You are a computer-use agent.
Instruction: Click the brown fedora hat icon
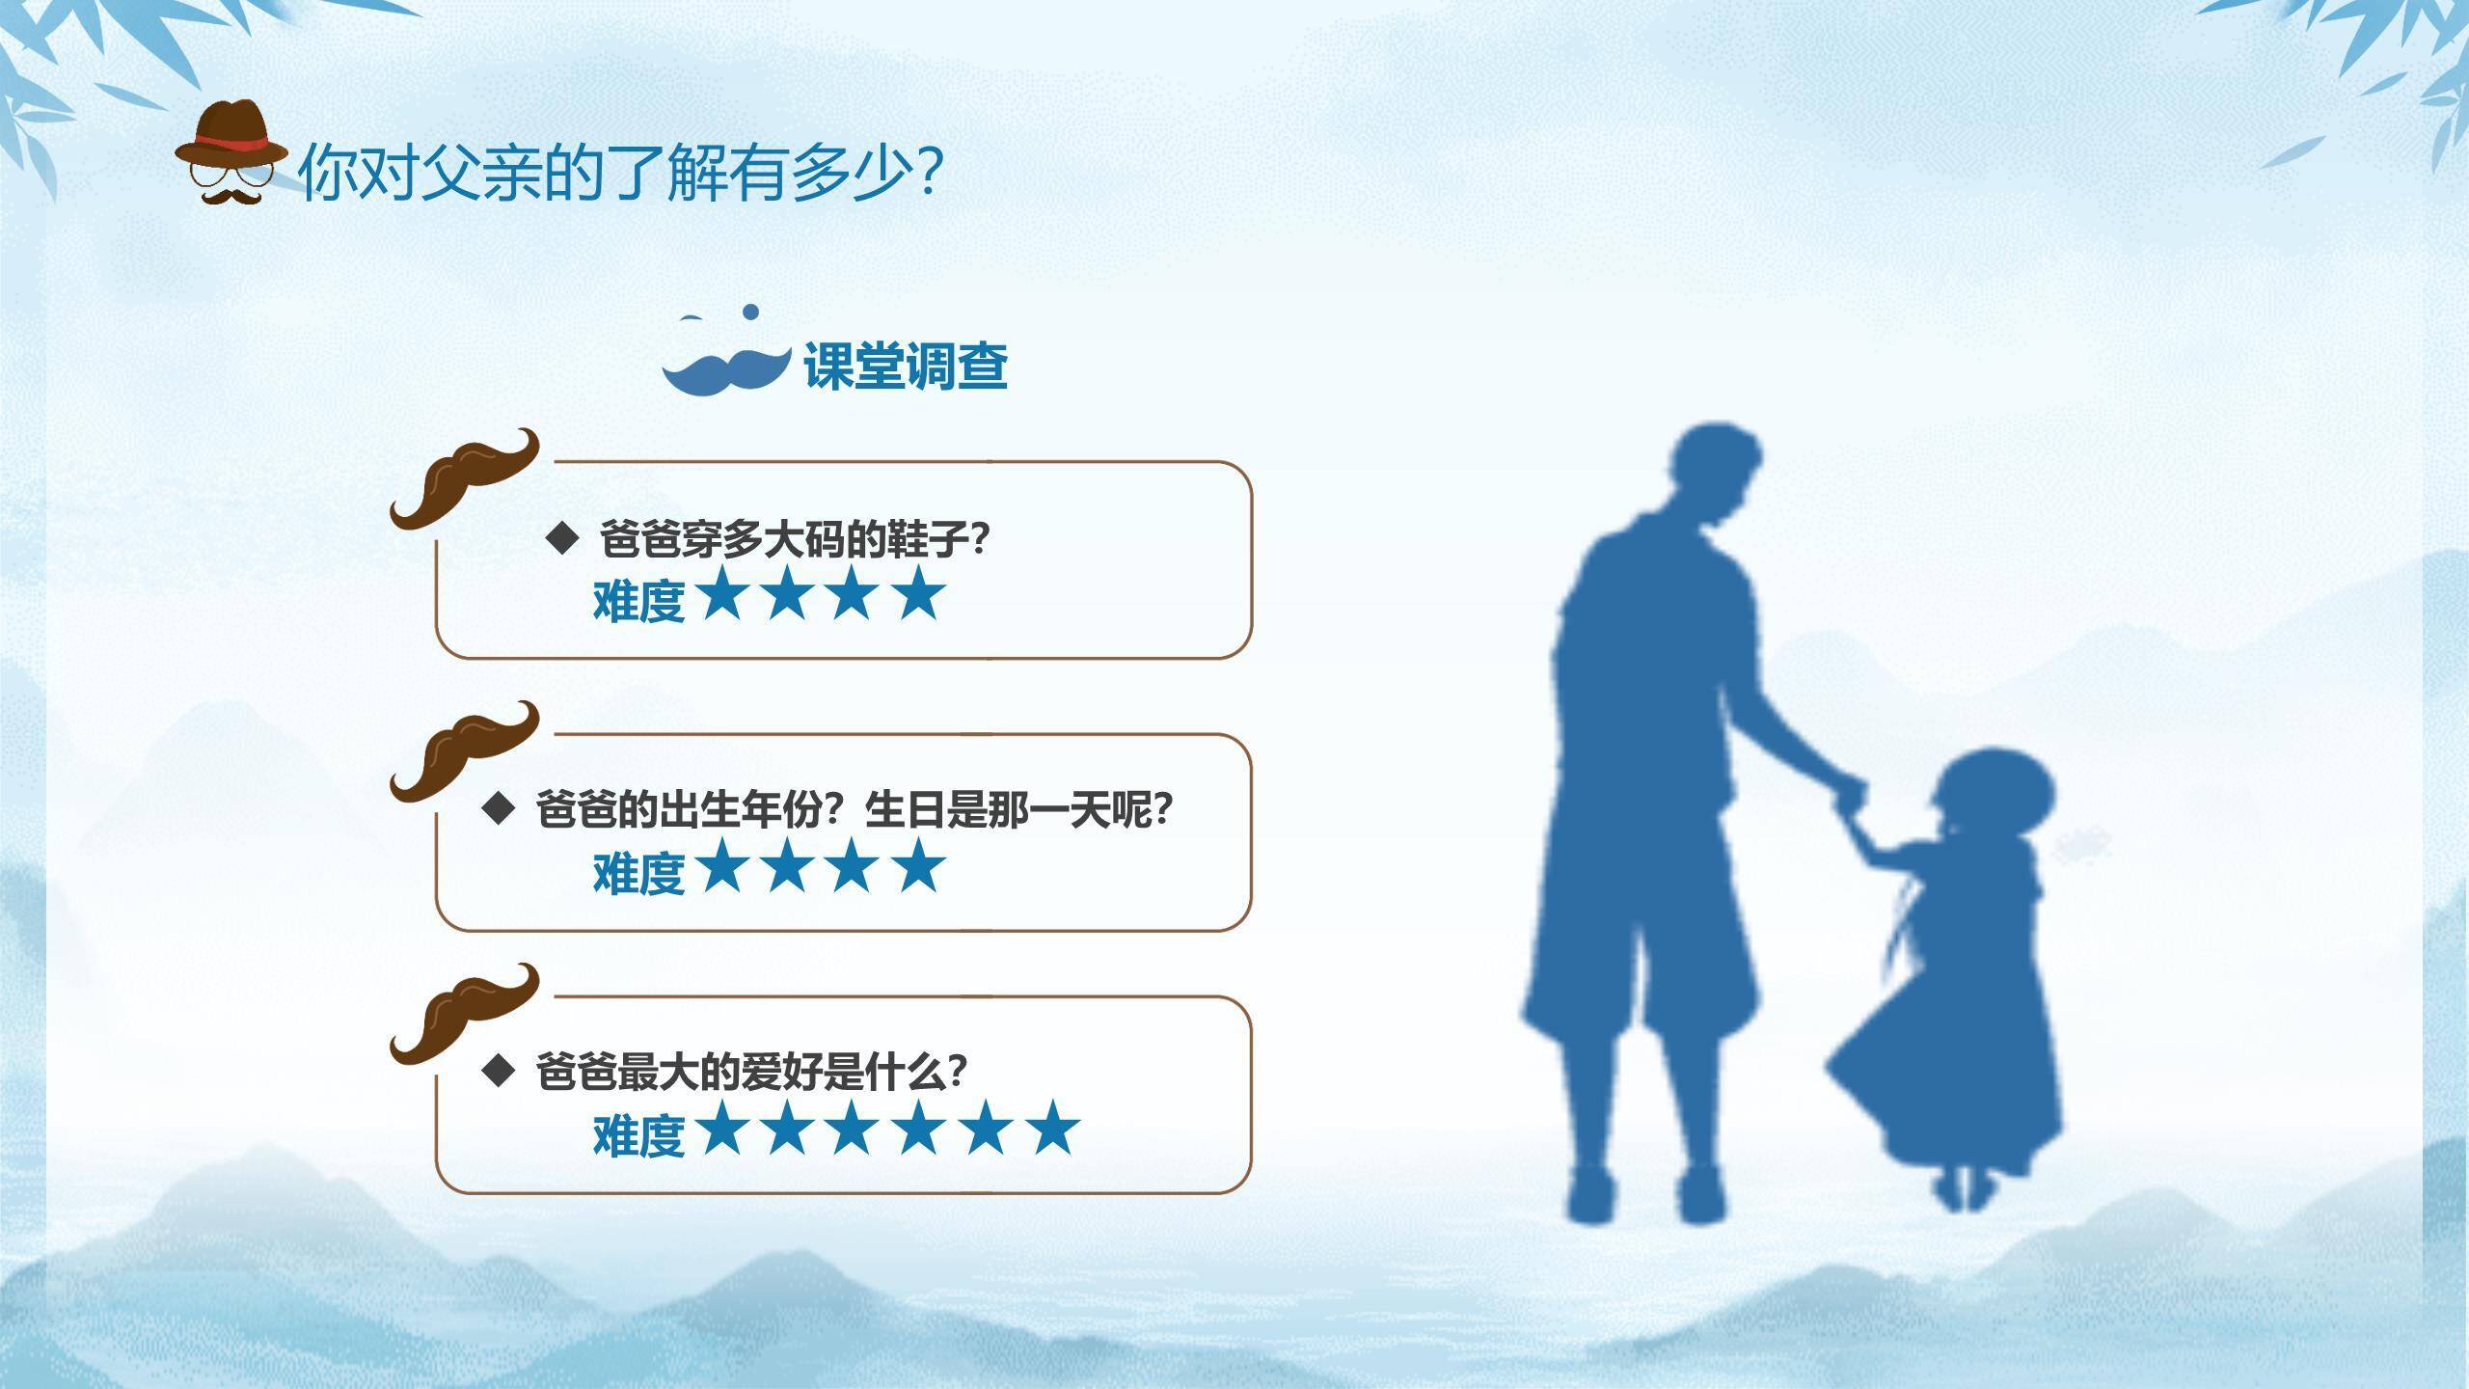tap(231, 135)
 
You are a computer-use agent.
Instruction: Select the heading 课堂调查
tap(905, 367)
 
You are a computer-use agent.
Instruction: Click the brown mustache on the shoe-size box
tap(463, 477)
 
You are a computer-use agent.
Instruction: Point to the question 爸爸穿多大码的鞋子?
tap(795, 538)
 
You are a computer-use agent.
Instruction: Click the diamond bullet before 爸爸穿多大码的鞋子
tap(561, 537)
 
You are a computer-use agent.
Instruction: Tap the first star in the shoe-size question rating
tap(722, 594)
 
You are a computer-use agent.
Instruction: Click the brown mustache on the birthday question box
tap(463, 750)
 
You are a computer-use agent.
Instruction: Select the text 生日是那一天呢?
tap(1018, 809)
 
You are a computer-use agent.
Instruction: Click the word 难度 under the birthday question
tap(638, 873)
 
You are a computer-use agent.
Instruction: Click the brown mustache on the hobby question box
tap(463, 1013)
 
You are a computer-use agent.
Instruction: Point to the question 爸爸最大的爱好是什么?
tap(750, 1071)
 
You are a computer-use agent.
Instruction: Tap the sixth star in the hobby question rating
tap(1052, 1129)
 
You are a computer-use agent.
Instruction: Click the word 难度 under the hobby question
tap(638, 1135)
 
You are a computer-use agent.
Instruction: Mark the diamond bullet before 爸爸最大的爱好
tap(498, 1070)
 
